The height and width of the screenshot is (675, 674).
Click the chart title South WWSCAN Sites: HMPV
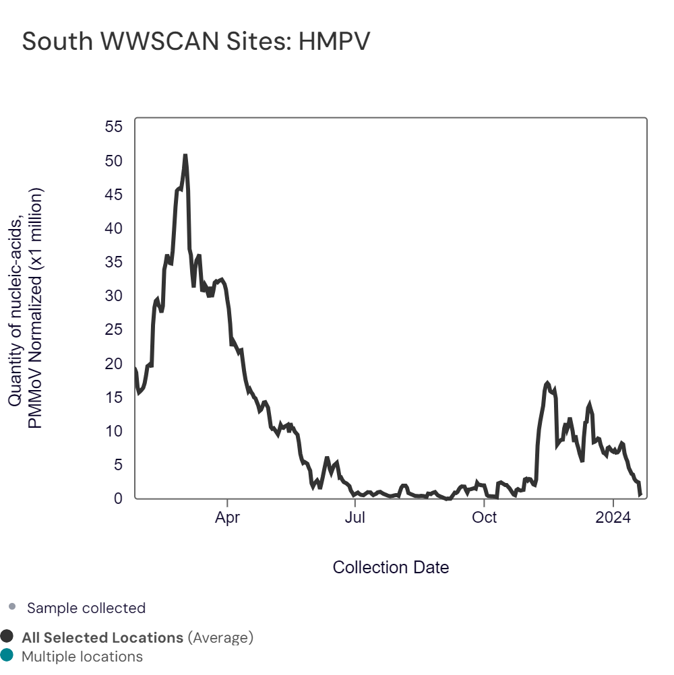coord(196,42)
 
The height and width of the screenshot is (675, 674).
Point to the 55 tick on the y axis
coord(115,127)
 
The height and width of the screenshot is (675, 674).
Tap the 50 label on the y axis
coord(115,161)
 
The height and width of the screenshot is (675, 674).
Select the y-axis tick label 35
coord(115,262)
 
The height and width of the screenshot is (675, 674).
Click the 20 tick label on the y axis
coord(115,363)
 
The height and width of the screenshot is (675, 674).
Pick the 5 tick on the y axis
coord(119,464)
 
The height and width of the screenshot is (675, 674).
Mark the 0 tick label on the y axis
coord(119,498)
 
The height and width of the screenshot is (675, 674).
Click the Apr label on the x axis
coord(228,518)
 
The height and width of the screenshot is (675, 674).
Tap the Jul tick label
coord(355,518)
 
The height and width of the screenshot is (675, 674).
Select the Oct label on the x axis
coord(484,518)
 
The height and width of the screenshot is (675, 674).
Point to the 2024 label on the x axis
coord(613,518)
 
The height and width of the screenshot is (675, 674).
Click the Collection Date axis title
coord(391,567)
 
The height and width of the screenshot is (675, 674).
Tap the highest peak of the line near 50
coord(185,156)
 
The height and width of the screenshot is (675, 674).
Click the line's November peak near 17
coord(547,383)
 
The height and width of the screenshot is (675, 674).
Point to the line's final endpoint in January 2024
coord(640,495)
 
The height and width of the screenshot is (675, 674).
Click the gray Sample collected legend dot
coord(12,607)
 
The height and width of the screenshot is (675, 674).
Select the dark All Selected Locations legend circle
coord(7,637)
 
